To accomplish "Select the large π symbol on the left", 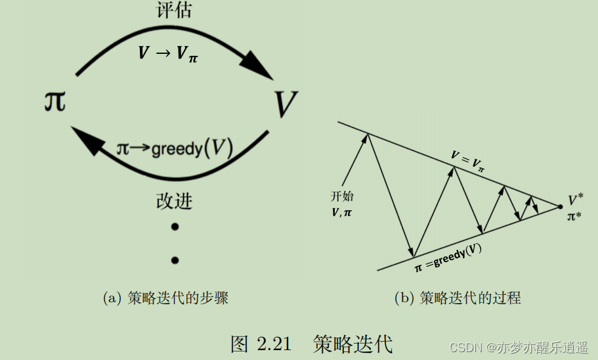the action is (54, 101).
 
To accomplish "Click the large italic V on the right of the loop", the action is (285, 103).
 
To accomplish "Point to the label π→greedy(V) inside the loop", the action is (175, 148).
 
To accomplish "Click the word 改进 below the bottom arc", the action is (174, 201).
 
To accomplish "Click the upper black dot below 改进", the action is (175, 227).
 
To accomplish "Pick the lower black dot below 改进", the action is (175, 260).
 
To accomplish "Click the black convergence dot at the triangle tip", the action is (559, 207).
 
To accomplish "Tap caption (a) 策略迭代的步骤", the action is (165, 298).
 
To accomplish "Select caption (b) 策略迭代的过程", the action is (458, 298).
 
